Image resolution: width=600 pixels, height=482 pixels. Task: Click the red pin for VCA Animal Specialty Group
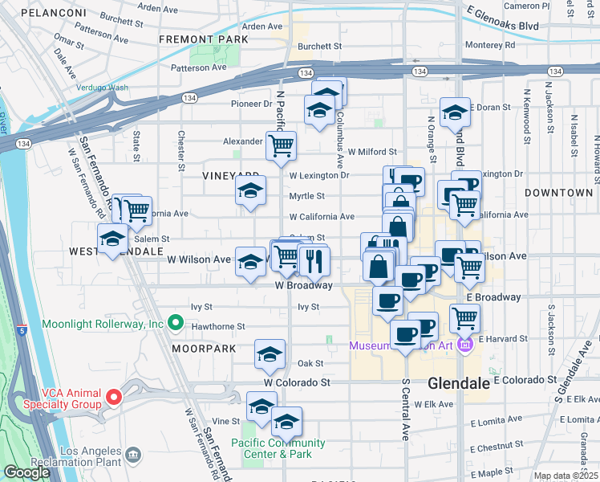tap(114, 396)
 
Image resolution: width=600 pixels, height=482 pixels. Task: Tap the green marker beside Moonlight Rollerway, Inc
tap(176, 324)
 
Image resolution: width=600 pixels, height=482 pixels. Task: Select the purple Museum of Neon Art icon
tap(464, 345)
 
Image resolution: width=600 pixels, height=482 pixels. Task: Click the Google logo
tap(26, 472)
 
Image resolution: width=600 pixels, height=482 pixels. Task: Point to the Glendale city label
tap(459, 383)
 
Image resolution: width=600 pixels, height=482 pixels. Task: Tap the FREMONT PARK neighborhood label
tap(204, 39)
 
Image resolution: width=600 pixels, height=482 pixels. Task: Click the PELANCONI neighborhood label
tap(53, 14)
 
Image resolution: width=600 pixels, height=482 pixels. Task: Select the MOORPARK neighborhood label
tap(204, 349)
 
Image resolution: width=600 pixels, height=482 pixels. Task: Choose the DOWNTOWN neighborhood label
tap(559, 193)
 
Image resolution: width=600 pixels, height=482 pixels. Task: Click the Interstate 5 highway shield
tap(22, 329)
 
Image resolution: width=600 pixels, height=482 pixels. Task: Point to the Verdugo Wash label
tap(102, 87)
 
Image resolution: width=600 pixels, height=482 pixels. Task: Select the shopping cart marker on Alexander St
tap(281, 146)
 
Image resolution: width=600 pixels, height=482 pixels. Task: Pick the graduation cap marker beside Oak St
tap(270, 353)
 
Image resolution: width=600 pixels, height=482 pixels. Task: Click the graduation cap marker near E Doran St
tap(455, 112)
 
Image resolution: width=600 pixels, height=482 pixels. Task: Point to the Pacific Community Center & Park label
tap(278, 448)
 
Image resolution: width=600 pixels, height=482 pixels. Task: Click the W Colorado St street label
tap(304, 382)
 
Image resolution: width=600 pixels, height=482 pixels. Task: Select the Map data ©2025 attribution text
tap(566, 476)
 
